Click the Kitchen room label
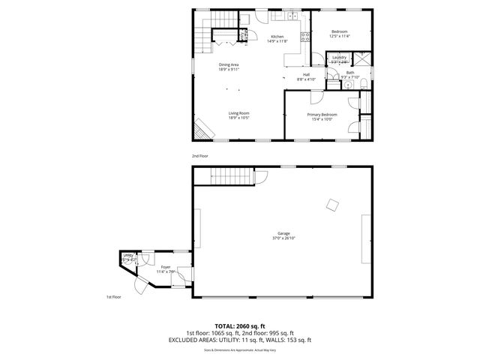(277, 39)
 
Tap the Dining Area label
(229, 67)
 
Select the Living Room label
(239, 115)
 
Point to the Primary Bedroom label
(321, 116)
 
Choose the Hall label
(307, 76)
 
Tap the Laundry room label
(339, 58)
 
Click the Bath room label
(350, 75)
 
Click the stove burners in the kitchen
(305, 36)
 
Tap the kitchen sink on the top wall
(293, 16)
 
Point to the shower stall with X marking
(363, 61)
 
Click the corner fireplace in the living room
(202, 130)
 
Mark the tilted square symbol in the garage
(331, 205)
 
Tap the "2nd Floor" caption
(199, 155)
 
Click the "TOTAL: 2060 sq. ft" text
(240, 326)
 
